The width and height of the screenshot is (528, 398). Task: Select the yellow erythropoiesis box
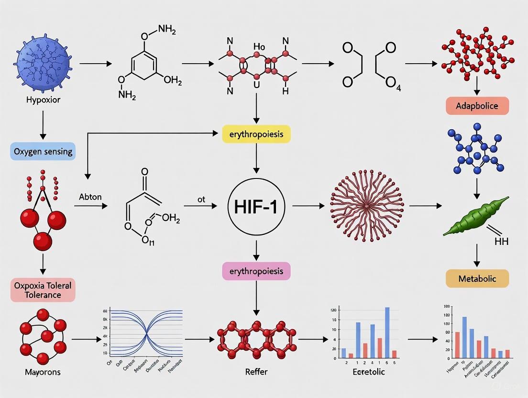256,134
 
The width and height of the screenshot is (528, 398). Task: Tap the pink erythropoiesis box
256,271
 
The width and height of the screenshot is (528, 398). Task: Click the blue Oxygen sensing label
42,151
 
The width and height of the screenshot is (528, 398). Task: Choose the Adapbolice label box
477,106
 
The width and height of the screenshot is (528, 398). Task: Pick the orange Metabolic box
477,278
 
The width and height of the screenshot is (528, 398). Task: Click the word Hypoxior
43,100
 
